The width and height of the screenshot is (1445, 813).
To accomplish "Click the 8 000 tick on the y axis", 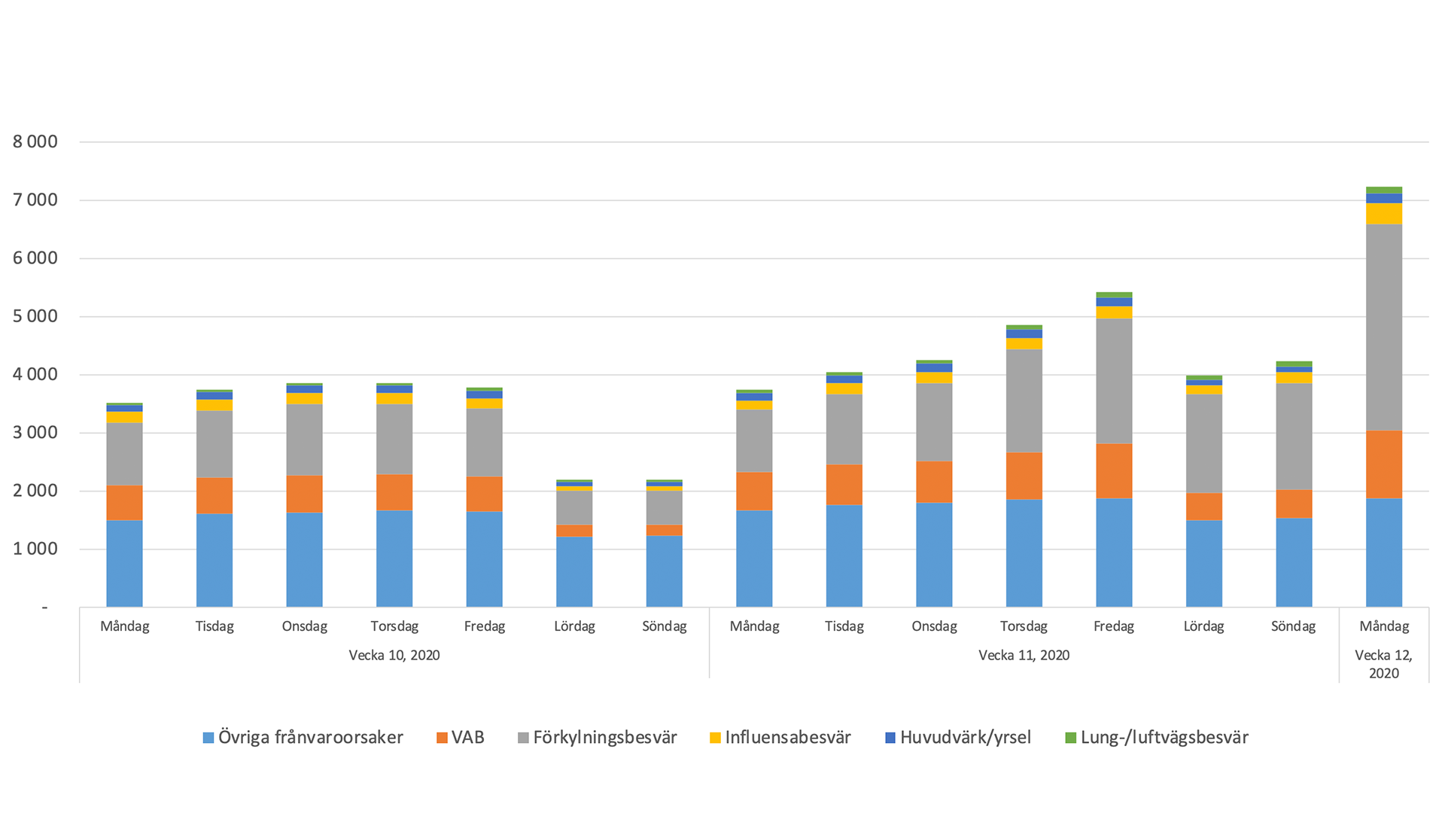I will click(x=35, y=142).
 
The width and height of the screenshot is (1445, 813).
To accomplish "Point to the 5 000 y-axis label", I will click(x=35, y=316).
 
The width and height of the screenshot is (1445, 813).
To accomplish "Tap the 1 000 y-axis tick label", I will click(x=35, y=549).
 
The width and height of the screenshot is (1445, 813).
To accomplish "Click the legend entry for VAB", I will click(x=460, y=738).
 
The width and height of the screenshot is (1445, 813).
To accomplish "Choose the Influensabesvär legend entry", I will click(x=780, y=738).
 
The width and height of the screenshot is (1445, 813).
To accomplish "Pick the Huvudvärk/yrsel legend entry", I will click(x=957, y=738).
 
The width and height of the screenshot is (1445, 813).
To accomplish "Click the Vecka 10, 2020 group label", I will click(x=394, y=655).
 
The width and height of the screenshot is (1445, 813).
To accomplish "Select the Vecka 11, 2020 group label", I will click(x=1024, y=655).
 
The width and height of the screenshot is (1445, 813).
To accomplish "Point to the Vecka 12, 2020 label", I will click(x=1383, y=664).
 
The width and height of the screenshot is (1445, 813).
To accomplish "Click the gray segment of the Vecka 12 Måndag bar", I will click(x=1383, y=327).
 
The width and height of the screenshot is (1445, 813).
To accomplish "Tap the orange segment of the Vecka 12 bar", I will click(x=1383, y=464).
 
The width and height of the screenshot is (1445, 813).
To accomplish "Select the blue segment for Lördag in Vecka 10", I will click(x=574, y=571).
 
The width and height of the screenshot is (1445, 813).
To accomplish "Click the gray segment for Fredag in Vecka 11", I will click(x=1114, y=381).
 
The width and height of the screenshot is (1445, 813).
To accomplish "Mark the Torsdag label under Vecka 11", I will click(x=1024, y=626).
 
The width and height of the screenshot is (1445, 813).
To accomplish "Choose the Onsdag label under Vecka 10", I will click(x=304, y=626).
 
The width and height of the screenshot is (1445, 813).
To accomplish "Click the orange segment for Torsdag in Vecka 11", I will click(x=1024, y=476).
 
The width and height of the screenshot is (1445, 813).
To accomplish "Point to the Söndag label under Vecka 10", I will click(x=664, y=626).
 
